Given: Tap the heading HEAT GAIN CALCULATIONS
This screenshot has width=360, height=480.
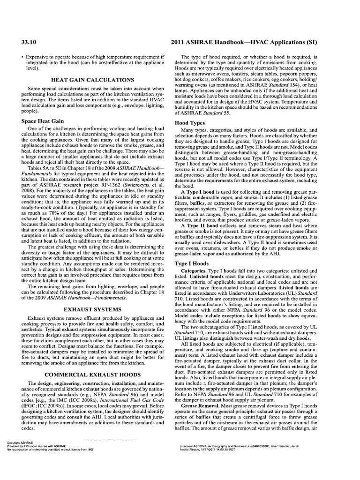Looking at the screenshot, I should [96, 80].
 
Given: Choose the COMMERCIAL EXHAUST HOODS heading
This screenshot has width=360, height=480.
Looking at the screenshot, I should [96, 375].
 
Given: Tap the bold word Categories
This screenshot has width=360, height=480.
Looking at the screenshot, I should [196, 271].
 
